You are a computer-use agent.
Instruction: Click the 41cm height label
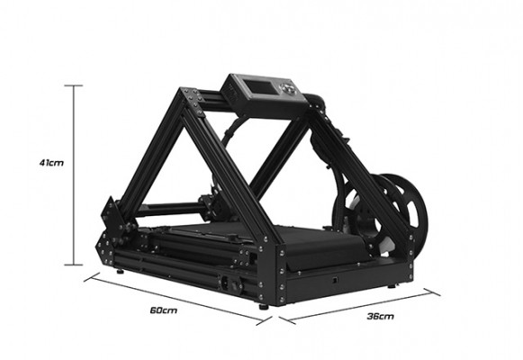tap(51, 163)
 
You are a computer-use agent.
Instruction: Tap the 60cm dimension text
tap(164, 310)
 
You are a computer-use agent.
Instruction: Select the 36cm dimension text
tap(380, 316)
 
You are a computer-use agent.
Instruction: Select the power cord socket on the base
tap(226, 283)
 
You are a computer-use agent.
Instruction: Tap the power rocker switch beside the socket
tap(237, 286)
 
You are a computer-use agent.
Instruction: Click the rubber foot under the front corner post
tap(264, 307)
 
